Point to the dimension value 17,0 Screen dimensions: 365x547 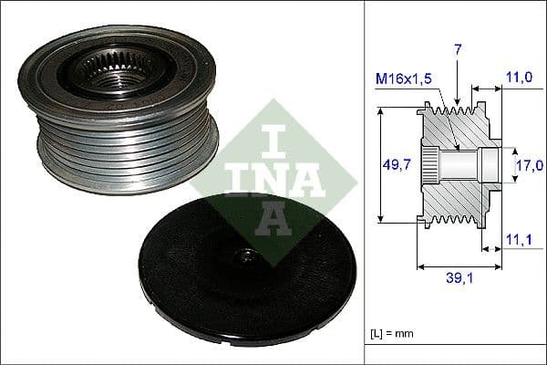tap(530, 164)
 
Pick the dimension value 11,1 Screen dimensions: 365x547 tap(521, 240)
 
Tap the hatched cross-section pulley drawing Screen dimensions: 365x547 tap(456, 164)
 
